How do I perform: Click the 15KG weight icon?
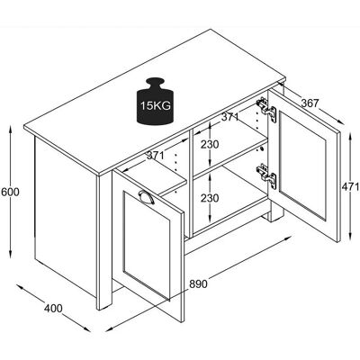pos(155,101)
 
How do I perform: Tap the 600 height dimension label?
pos(10,192)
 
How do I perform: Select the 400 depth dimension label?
pos(53,308)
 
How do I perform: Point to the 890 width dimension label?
pos(198,283)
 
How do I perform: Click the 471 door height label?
pos(350,187)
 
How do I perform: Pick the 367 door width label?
pos(310,103)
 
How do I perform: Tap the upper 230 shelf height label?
pos(210,145)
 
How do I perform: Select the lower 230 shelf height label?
pos(210,198)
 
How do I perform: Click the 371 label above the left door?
pos(156,156)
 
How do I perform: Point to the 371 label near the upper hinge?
pos(229,117)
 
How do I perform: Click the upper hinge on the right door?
pos(266,110)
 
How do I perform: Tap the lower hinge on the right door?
pos(266,176)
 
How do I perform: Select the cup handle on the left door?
pos(147,197)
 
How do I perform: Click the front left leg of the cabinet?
pos(104,243)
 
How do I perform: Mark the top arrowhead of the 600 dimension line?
pos(10,130)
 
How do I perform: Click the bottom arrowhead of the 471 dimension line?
pos(350,237)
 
